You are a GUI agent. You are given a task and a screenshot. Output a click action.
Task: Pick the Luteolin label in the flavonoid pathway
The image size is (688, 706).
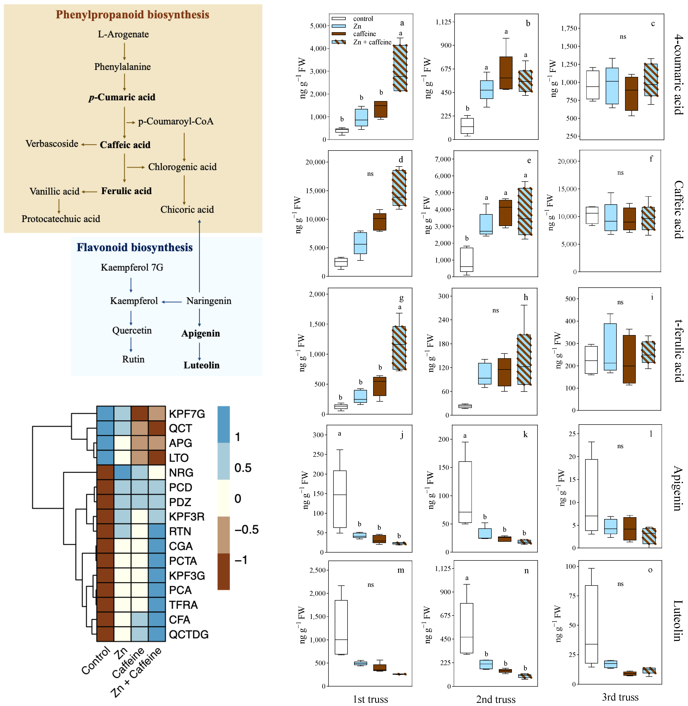coord(201,365)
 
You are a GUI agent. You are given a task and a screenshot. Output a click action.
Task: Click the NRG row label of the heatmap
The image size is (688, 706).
coord(181,473)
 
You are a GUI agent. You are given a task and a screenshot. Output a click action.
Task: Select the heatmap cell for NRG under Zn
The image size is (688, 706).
coord(123,473)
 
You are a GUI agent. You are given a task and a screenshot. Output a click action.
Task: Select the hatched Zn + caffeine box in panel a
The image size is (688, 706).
coord(400,68)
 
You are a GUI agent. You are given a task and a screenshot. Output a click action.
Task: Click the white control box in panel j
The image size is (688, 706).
coord(340,499)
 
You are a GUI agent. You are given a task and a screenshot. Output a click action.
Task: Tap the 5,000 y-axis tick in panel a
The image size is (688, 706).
coord(318,26)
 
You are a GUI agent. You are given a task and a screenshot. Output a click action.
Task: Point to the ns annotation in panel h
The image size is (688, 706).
coord(495,310)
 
